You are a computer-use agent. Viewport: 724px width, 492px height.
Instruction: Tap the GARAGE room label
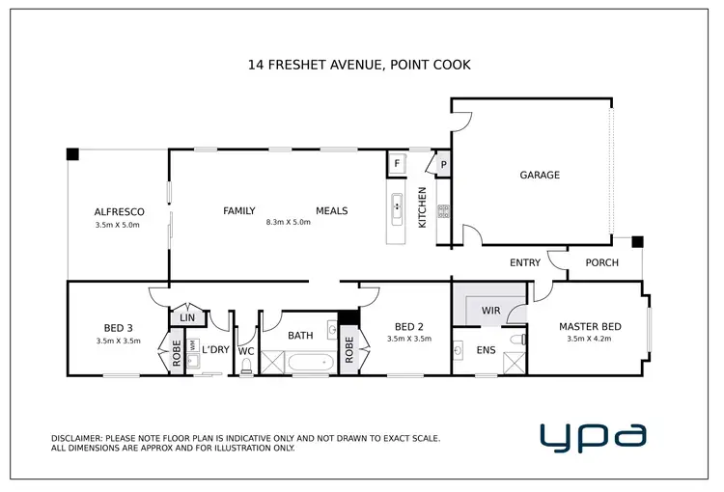(x=540, y=175)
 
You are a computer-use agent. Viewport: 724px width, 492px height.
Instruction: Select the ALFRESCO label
(x=119, y=210)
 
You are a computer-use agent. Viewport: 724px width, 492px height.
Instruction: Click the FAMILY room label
(x=238, y=210)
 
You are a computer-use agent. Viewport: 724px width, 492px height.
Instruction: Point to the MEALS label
(x=331, y=210)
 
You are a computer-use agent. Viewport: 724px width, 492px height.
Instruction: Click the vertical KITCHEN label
(x=421, y=207)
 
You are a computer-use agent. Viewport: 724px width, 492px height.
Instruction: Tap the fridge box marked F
(x=396, y=164)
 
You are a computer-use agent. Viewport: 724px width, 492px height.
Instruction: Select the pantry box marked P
(x=443, y=165)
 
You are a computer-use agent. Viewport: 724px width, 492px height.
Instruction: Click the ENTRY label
(x=525, y=262)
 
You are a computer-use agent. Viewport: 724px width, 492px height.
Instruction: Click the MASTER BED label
(x=590, y=326)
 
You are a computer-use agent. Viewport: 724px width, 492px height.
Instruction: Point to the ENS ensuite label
(x=486, y=350)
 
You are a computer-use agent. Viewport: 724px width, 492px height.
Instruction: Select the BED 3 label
(x=119, y=326)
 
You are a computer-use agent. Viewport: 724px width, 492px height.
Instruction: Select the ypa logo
(x=593, y=436)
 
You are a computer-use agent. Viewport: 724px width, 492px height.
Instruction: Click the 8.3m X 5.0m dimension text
(x=289, y=223)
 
